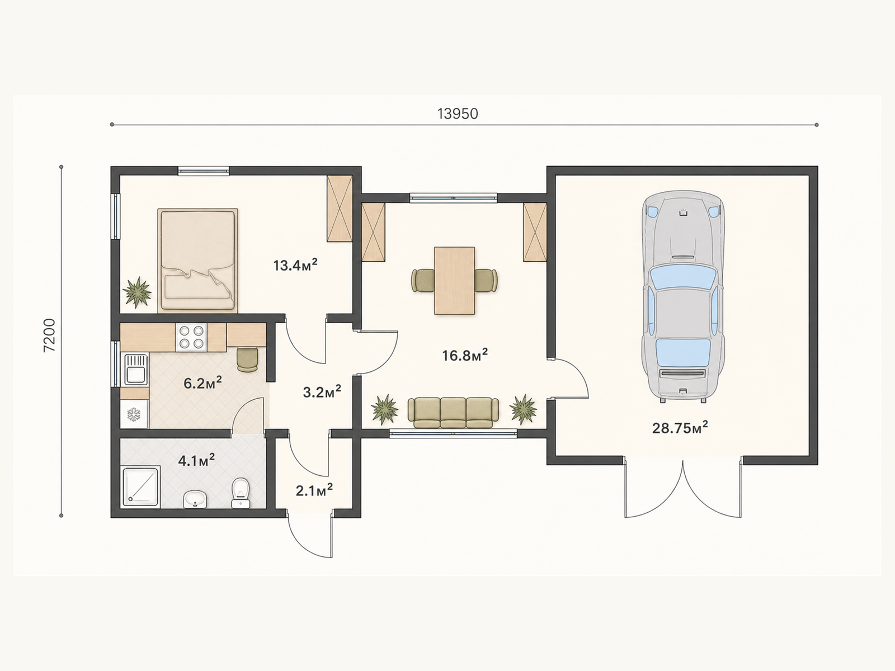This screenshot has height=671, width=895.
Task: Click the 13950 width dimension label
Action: click(x=458, y=114)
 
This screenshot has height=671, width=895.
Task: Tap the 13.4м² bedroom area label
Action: click(x=295, y=265)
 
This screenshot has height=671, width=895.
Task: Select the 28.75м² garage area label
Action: click(x=680, y=428)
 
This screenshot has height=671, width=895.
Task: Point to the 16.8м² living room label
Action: click(x=465, y=355)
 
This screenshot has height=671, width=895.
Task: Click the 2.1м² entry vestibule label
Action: click(x=314, y=490)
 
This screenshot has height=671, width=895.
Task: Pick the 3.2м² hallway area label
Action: click(x=322, y=391)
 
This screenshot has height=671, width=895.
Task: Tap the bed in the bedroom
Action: click(x=198, y=261)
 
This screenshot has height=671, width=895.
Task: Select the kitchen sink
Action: click(x=136, y=369)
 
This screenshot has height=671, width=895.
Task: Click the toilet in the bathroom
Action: click(x=241, y=493)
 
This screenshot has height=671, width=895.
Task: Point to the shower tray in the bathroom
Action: click(x=140, y=486)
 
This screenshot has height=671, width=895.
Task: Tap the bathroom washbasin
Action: click(x=195, y=499)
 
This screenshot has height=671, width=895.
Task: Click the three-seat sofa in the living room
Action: click(x=453, y=413)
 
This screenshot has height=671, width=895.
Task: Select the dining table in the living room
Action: click(x=454, y=281)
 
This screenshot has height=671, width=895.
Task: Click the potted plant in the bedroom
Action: click(x=137, y=292)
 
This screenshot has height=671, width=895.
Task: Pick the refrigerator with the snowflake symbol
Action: click(x=134, y=414)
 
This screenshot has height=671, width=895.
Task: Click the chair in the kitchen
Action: click(x=247, y=360)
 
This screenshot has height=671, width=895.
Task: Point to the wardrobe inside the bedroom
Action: click(x=340, y=208)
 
